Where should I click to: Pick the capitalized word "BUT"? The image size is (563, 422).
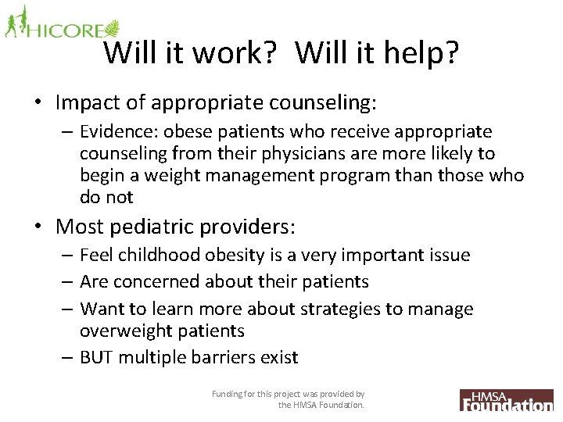click(x=98, y=358)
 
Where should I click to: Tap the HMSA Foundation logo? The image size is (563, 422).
click(x=506, y=399)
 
